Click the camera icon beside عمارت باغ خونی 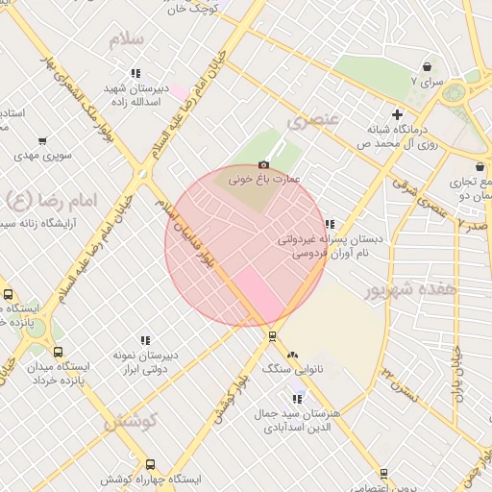[x=263, y=165]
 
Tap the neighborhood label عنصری [x=313, y=121]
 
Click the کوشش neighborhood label [x=127, y=422]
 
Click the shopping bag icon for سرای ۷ [x=427, y=67]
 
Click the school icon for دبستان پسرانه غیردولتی [x=330, y=224]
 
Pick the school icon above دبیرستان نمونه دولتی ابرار [x=145, y=340]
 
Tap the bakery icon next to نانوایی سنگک [x=292, y=355]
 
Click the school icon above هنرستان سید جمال [x=297, y=399]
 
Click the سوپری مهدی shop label [x=38, y=155]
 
